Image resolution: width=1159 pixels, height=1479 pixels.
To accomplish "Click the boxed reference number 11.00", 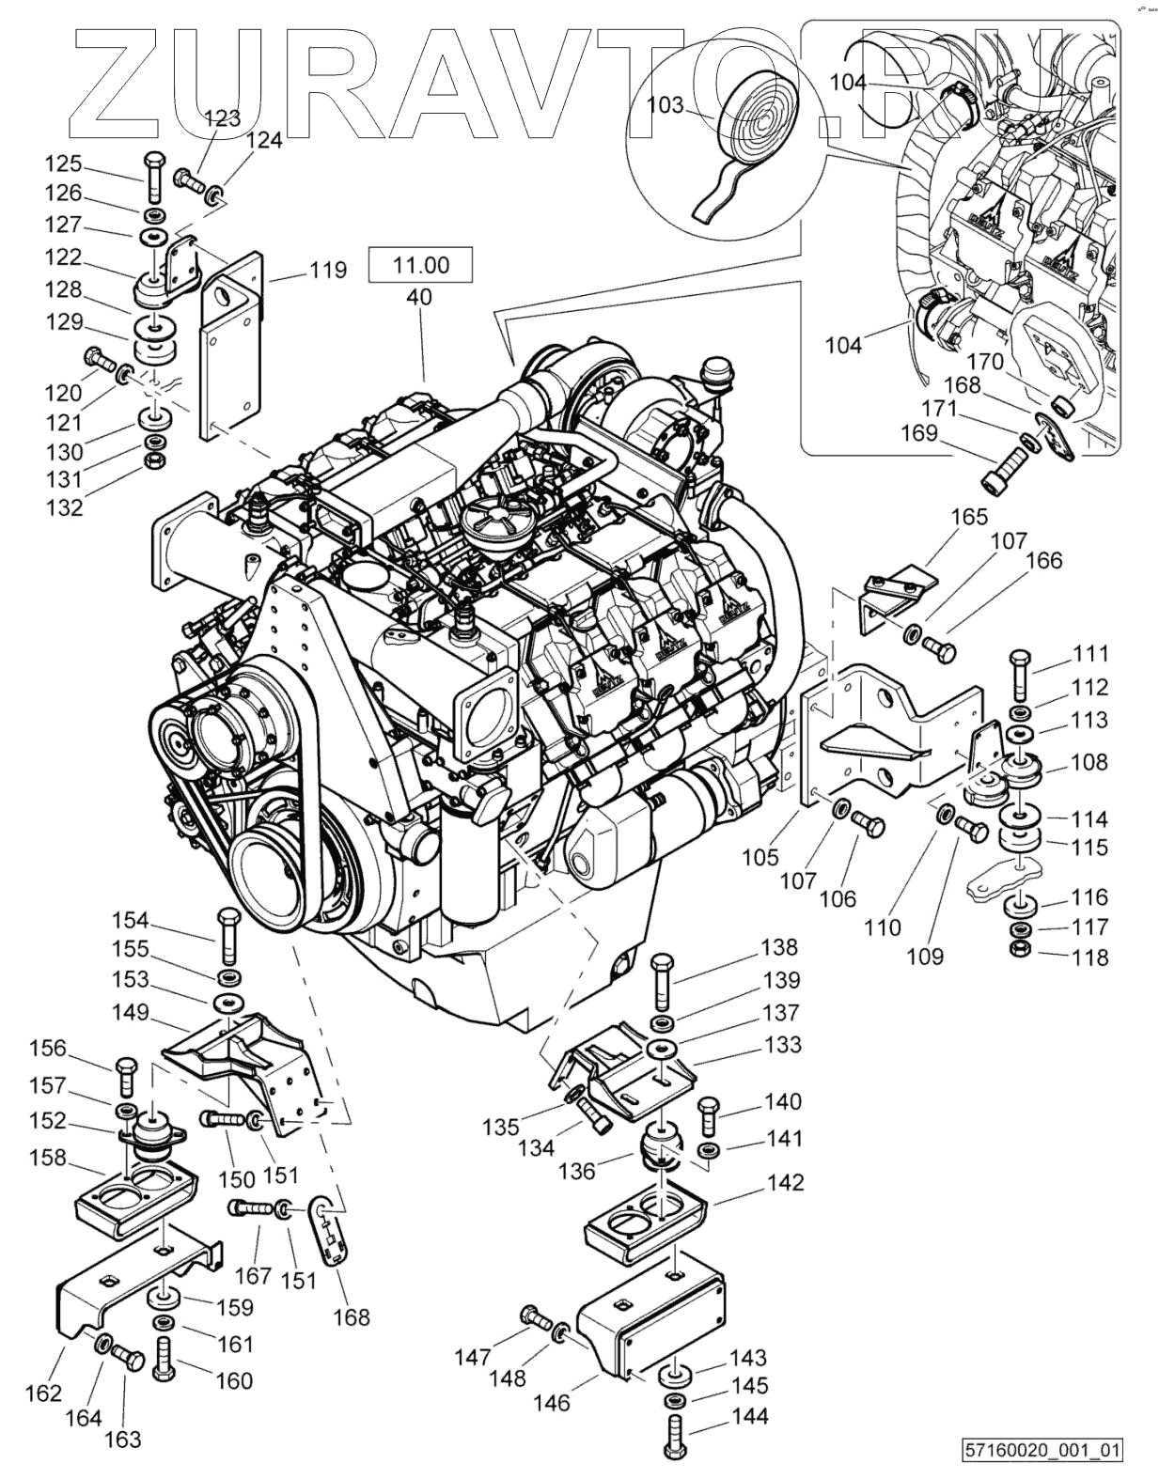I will click(420, 265).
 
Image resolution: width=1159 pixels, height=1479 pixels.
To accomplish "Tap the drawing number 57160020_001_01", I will click(1041, 1450).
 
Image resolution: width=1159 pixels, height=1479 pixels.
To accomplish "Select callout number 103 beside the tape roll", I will click(666, 104).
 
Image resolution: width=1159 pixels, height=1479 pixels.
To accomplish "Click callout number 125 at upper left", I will click(63, 163).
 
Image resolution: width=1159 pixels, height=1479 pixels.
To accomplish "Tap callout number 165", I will click(969, 516).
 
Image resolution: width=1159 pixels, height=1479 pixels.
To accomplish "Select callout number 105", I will click(760, 856).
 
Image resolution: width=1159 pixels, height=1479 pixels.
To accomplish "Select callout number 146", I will click(551, 1402).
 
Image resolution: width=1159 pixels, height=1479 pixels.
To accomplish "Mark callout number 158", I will click(47, 1157).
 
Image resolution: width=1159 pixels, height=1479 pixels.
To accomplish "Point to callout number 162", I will click(43, 1392).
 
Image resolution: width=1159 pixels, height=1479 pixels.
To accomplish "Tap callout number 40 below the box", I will click(420, 297).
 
